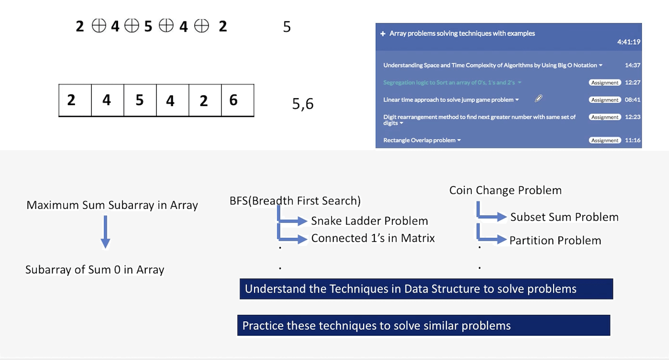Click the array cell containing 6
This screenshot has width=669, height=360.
(x=238, y=100)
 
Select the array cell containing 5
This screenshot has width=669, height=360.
(x=140, y=100)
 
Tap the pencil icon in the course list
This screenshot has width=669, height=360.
(x=539, y=99)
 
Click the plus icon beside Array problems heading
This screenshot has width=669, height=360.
(x=382, y=34)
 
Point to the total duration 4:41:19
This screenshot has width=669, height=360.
(x=629, y=42)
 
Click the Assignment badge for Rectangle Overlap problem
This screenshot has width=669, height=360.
(x=605, y=140)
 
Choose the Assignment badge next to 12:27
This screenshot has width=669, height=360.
(x=605, y=83)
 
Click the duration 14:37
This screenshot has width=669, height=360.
(x=633, y=65)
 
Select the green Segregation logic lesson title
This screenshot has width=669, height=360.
(x=449, y=82)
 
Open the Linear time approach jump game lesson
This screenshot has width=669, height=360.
(x=448, y=100)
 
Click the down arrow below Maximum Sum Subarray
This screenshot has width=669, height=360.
(x=106, y=232)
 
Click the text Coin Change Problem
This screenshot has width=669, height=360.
(x=505, y=190)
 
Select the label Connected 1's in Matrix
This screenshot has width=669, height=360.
(x=373, y=238)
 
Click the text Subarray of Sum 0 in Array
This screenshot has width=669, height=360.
(x=95, y=270)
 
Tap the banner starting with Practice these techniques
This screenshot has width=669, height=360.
(x=424, y=325)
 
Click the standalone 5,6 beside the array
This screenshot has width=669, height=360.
(x=303, y=104)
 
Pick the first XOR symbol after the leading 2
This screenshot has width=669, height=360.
(x=99, y=26)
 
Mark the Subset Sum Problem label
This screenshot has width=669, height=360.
(x=564, y=217)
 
